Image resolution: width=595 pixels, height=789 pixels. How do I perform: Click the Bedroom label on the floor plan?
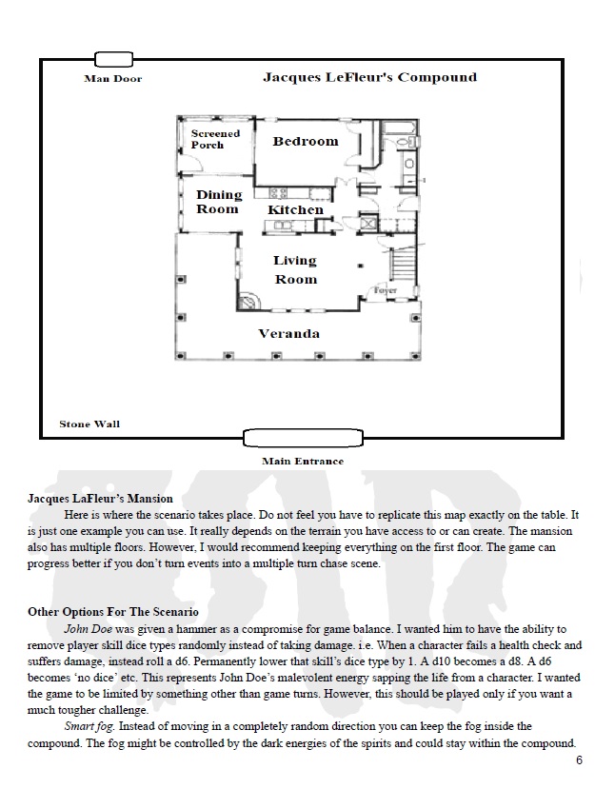tap(305, 141)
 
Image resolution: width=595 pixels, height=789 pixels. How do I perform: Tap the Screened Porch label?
tap(215, 139)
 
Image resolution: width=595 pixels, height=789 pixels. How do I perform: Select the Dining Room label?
tap(219, 202)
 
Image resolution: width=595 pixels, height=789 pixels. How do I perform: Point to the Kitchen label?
tap(295, 209)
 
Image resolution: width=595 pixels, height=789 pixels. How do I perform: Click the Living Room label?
tap(295, 269)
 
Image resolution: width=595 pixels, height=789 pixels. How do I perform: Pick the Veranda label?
tap(289, 333)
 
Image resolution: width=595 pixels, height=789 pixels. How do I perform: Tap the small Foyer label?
tap(385, 288)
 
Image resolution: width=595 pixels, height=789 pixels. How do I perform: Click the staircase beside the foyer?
tap(406, 263)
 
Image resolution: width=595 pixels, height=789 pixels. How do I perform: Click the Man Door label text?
tap(112, 78)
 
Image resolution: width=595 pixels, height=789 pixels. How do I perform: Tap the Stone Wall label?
tap(89, 424)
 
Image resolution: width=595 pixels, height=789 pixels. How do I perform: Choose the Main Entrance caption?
tap(303, 462)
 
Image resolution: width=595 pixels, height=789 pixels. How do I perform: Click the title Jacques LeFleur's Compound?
tap(369, 77)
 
